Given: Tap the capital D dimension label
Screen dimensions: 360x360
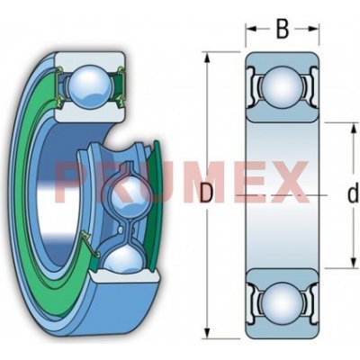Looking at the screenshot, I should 207,193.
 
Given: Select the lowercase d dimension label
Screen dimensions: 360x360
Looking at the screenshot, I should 352,192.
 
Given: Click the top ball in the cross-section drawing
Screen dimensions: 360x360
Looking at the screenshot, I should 282,90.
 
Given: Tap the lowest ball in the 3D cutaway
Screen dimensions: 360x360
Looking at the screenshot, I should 123,262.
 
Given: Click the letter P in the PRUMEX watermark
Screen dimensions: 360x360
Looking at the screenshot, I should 72,181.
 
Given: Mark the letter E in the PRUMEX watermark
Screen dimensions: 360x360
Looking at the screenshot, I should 245,181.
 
